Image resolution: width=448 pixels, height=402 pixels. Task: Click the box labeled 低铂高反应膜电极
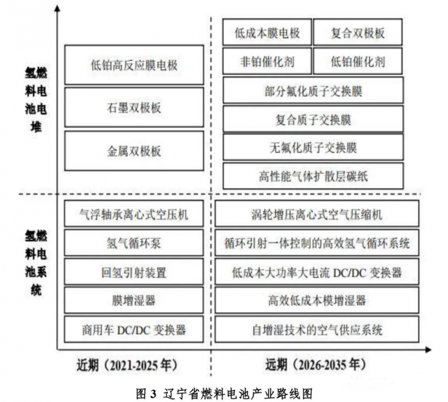coord(134,65)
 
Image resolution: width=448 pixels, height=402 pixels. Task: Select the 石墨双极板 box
coord(134,108)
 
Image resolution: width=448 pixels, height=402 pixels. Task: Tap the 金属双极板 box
coord(134,151)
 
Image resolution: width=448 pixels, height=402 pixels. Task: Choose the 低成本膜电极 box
coord(267,33)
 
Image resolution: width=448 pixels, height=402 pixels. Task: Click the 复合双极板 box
coord(358,33)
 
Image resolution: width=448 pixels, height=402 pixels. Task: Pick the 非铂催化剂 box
coord(267,61)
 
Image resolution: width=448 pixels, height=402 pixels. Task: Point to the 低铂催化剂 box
coord(358,61)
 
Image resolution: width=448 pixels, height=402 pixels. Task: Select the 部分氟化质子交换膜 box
coord(313,91)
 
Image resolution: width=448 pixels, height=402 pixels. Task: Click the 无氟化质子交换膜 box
coord(313,147)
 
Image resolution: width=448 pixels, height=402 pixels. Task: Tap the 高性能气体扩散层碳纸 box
coord(313,176)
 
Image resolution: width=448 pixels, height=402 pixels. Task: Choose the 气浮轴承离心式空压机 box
coord(134,214)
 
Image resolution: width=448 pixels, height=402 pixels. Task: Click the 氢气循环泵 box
coord(134,243)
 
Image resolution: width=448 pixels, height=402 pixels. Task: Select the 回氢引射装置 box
coord(134,272)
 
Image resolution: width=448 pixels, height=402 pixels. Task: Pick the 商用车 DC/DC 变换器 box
coord(134,330)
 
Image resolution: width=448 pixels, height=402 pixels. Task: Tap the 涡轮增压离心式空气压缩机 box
coord(317,214)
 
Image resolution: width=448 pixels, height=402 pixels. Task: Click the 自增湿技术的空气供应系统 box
coord(317,330)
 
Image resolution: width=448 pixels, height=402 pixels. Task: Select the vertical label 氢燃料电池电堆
coord(36,99)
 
